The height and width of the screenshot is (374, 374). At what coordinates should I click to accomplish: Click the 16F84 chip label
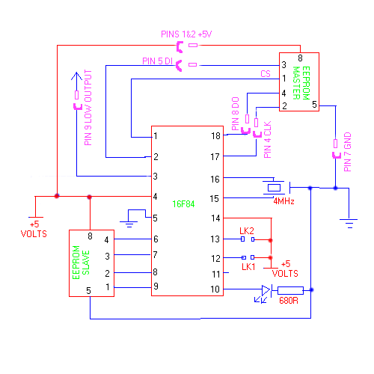point(183,204)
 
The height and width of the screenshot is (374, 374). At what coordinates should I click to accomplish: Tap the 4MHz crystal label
point(283,201)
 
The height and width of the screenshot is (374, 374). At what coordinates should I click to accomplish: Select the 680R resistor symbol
point(290,290)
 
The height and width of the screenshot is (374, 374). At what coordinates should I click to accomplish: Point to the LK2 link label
point(247,231)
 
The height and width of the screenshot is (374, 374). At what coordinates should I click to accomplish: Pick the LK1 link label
point(248,267)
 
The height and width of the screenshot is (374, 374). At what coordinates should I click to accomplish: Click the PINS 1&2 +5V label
point(186,34)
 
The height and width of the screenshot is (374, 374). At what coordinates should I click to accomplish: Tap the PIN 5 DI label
point(157,61)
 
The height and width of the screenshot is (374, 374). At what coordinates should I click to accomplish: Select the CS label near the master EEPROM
point(266,74)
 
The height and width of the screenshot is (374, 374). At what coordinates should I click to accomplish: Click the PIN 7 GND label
point(347,152)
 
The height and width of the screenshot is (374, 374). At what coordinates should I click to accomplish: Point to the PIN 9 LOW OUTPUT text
point(88,108)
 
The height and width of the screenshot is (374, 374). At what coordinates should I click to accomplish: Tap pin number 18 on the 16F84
point(215,136)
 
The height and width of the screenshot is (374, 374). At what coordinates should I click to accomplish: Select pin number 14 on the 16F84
point(215,218)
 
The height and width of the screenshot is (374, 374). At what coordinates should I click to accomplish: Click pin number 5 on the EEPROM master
point(314,105)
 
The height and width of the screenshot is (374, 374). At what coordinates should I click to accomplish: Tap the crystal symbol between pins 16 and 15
point(274,188)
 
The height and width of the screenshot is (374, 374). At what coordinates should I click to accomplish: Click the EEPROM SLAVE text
point(81,263)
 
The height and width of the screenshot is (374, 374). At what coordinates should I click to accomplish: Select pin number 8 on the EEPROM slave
point(90,236)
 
